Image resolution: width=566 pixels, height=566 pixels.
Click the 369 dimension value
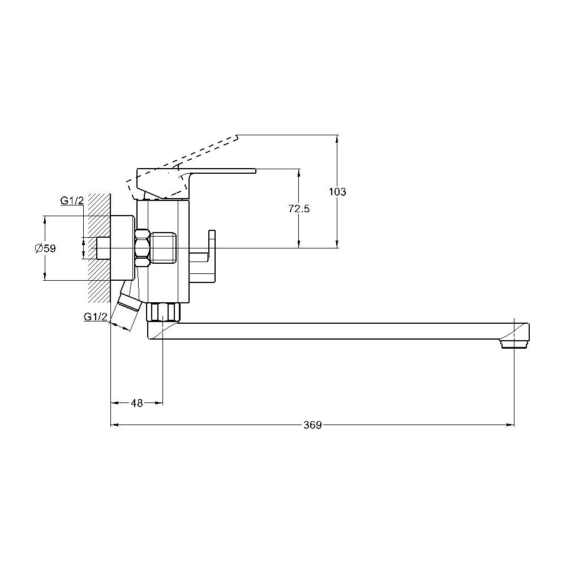click(x=312, y=425)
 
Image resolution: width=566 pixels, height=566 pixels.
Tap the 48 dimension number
click(x=137, y=403)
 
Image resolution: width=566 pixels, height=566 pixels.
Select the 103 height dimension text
click(x=337, y=192)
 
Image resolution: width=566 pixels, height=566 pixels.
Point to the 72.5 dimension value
click(x=299, y=209)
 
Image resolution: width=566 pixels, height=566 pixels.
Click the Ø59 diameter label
click(x=45, y=248)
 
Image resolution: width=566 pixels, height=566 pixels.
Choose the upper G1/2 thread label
click(x=72, y=201)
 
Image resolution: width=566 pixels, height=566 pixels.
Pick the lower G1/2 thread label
click(x=96, y=316)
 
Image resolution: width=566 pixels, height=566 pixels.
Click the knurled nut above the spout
click(x=163, y=312)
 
